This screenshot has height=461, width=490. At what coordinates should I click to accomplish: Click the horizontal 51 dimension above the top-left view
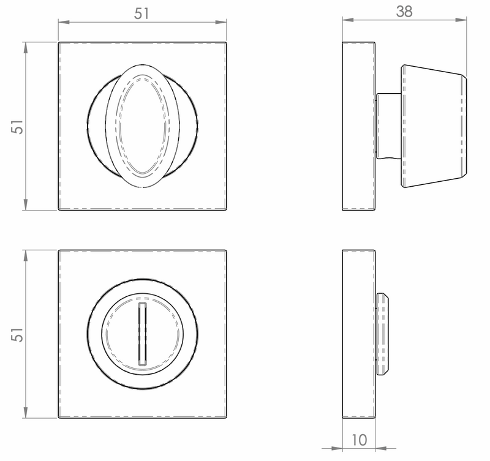141,14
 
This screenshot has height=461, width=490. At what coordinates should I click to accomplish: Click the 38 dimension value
404,12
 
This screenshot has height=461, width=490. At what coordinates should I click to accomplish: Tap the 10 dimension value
360,440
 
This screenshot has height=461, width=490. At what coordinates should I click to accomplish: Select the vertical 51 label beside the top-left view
18,127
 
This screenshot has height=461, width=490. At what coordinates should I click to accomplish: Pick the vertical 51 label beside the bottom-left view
18,334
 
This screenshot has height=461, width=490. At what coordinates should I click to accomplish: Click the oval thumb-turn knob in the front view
143,126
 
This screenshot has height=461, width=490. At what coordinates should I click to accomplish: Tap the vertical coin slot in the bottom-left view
143,334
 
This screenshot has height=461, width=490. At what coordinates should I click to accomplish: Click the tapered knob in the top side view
434,126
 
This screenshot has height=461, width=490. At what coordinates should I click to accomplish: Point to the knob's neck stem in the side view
388,126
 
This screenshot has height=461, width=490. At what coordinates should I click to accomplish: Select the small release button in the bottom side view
382,334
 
